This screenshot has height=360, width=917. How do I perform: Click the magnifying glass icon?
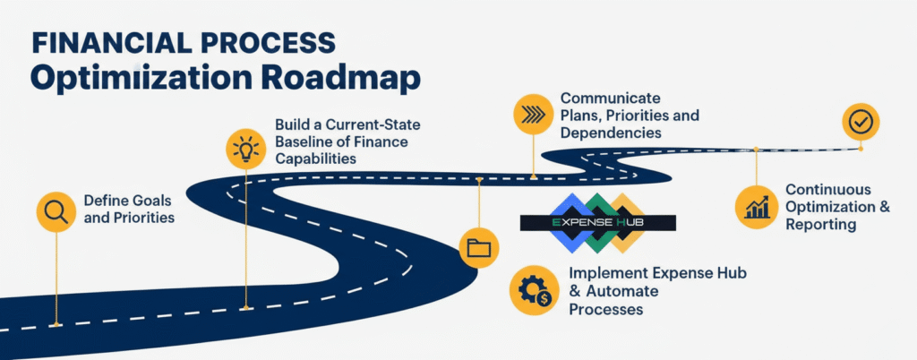point(56,211)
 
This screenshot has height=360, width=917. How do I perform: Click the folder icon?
point(479,248)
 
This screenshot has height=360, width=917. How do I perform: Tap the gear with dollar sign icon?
point(530,289)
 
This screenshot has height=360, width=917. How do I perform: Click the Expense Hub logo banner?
point(598,221)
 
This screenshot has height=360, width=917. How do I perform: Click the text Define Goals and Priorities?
point(128,208)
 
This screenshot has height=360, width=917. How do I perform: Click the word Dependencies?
point(611,133)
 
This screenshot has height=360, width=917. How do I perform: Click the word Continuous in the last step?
point(829,189)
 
